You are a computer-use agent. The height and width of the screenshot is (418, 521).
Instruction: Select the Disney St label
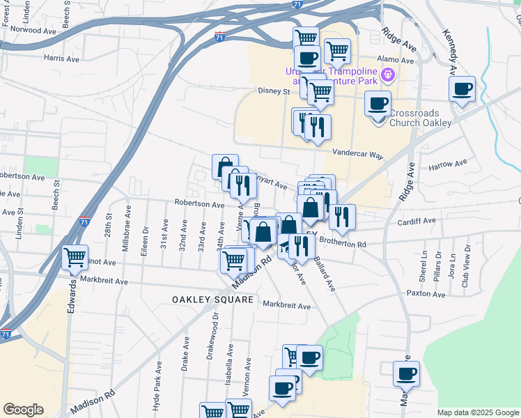click(x=273, y=91)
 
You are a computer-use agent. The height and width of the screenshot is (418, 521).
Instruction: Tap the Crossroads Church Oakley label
click(x=420, y=118)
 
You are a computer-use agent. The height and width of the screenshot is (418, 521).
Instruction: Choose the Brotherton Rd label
click(x=343, y=245)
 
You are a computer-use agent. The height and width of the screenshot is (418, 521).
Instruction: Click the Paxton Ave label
click(x=428, y=295)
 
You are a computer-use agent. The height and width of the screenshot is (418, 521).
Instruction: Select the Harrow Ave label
click(x=448, y=165)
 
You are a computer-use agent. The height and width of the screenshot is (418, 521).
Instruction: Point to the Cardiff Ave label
click(x=417, y=221)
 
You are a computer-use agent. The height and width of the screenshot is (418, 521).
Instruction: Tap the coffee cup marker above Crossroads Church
click(x=378, y=104)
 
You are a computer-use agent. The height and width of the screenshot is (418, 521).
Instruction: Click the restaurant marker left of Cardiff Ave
click(x=342, y=216)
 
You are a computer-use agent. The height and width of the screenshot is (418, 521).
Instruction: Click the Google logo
click(x=24, y=410)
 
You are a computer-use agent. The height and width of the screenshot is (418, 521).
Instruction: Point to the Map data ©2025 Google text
click(x=477, y=412)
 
